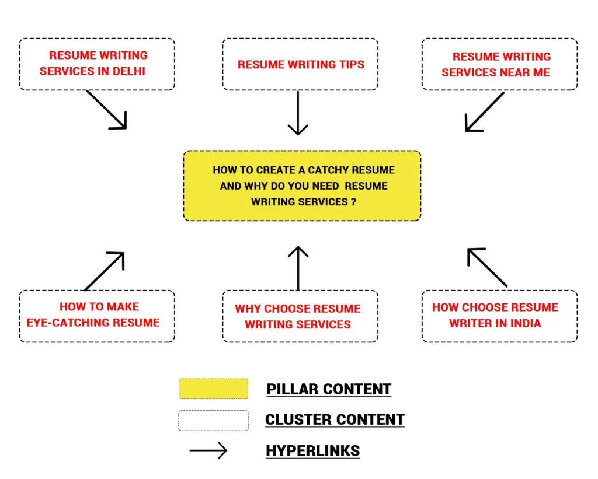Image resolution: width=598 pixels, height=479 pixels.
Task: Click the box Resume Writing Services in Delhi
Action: coord(97,64)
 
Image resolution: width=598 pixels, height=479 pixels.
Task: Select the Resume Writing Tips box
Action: coord(300,64)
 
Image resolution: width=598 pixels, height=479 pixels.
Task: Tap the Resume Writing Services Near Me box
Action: coord(500,64)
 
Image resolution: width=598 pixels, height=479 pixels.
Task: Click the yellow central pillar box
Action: coord(302,186)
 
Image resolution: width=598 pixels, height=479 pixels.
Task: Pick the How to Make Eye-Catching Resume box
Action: coord(97,316)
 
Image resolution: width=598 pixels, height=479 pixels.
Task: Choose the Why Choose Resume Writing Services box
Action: coord(300,316)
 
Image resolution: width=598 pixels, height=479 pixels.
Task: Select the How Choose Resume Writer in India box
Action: coord(500,316)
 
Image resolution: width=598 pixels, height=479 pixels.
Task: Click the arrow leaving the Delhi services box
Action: coord(107,110)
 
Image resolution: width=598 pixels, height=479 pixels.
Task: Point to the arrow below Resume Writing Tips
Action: coord(298,113)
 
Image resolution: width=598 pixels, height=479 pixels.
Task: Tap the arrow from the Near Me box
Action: coord(484,111)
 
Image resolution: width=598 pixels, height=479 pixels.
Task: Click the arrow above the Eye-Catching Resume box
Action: coord(105,271)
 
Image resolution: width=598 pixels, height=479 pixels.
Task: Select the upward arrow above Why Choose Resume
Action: coord(298,268)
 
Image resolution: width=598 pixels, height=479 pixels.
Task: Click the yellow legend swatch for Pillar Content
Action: coord(214,389)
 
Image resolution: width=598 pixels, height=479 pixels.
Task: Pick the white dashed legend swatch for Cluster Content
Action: coord(214,420)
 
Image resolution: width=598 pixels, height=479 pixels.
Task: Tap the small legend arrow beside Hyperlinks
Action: coord(208,450)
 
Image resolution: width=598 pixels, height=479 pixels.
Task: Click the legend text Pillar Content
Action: coord(329,389)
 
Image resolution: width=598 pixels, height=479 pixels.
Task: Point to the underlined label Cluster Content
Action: coord(335,419)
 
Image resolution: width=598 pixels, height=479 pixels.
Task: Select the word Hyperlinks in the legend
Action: coord(313,451)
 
